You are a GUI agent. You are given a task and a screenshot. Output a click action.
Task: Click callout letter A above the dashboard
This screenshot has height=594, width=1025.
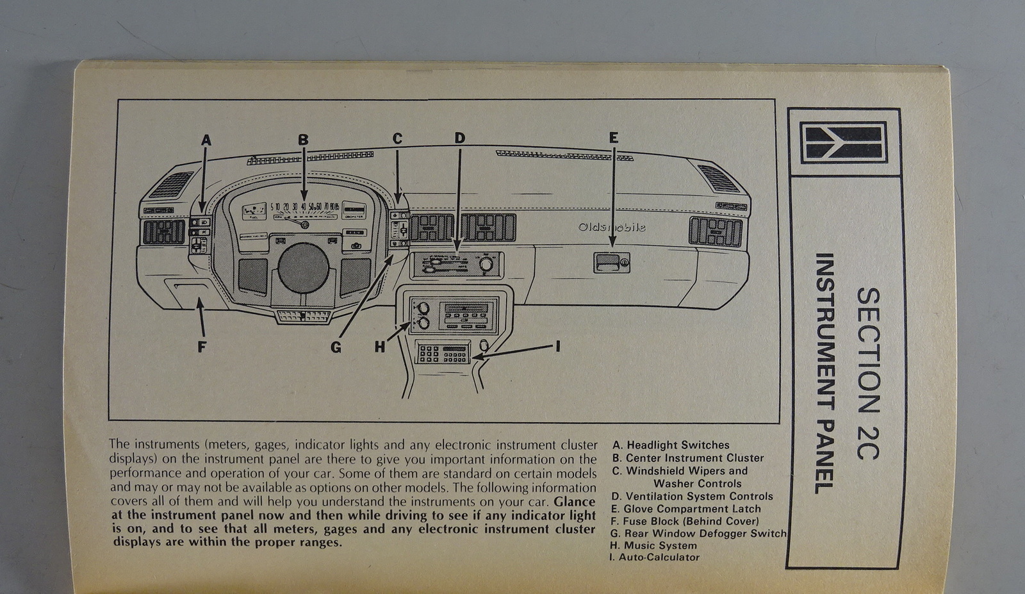click(206, 140)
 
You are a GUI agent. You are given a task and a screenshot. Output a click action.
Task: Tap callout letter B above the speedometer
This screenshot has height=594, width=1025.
click(303, 140)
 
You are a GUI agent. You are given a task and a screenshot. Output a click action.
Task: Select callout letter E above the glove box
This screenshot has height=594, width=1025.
click(614, 138)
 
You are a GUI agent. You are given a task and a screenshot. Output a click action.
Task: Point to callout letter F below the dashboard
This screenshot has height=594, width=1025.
click(202, 347)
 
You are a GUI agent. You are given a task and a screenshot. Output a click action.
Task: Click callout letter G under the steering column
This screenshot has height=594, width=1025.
click(336, 347)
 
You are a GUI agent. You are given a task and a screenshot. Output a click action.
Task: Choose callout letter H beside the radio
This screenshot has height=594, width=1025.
click(380, 347)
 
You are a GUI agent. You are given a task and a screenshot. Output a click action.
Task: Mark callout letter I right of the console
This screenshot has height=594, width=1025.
click(558, 346)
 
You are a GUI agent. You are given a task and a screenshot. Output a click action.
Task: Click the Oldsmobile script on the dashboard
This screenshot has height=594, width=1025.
click(612, 227)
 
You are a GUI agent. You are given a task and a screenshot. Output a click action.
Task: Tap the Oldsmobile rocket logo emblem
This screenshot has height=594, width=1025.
click(844, 142)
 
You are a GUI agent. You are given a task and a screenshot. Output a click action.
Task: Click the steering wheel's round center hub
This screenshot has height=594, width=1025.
click(304, 268)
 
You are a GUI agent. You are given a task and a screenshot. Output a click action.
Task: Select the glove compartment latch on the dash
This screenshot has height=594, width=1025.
click(611, 261)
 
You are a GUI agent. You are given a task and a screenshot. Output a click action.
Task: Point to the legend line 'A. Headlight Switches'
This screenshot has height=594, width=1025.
click(671, 445)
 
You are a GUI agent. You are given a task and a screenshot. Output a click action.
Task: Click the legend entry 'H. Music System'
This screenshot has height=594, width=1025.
click(653, 545)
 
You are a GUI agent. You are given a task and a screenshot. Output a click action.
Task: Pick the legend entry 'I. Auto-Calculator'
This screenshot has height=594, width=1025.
click(655, 557)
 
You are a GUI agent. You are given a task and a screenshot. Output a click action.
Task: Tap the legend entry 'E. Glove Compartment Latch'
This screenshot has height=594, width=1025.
click(685, 509)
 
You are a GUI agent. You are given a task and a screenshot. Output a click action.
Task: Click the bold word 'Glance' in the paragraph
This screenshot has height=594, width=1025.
click(575, 502)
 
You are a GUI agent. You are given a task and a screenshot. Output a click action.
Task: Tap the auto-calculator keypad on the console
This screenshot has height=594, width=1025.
click(443, 353)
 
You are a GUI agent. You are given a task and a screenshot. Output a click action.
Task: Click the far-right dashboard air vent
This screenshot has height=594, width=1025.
click(716, 232)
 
